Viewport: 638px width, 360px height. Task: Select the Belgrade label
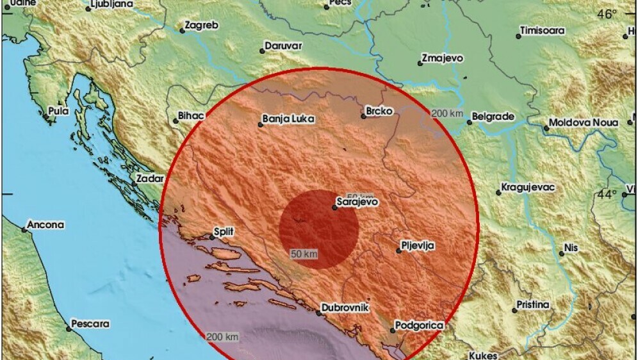coord(493,117)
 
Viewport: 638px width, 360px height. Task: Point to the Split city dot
coord(213,238)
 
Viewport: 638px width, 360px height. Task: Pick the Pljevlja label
coord(418,245)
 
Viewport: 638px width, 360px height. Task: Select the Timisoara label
coord(543,30)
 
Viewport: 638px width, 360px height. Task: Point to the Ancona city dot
coord(25,229)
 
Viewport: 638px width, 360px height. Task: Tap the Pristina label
coord(534,305)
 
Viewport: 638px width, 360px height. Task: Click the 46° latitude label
coord(606,14)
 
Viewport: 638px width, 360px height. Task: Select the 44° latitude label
coord(606,194)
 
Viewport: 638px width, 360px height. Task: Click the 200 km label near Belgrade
coord(447,113)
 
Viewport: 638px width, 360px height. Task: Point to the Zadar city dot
coord(134,184)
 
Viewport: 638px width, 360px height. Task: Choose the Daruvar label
coord(282,46)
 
